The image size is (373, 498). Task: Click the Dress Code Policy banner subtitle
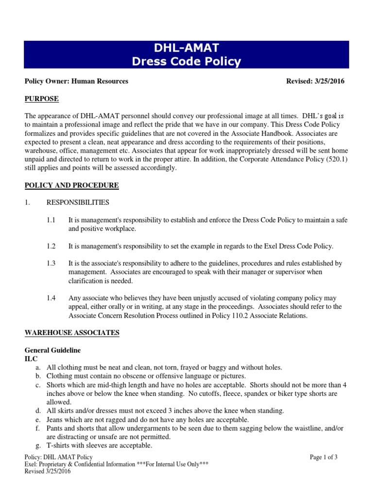tap(186, 62)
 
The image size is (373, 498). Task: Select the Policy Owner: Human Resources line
tap(76, 81)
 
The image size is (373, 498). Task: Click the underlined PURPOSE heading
tap(41, 99)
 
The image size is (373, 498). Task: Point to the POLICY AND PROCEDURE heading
tap(71, 185)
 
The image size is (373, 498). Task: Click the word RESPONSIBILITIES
tap(78, 202)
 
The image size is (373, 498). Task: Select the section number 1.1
tap(51, 220)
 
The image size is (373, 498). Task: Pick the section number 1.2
tap(51, 246)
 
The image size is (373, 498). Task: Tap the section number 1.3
tap(51, 264)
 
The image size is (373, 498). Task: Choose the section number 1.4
tap(51, 298)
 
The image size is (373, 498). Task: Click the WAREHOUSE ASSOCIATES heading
tap(72, 333)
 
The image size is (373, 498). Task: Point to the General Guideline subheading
tap(52, 350)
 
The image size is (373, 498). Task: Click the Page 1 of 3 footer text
tap(323, 457)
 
